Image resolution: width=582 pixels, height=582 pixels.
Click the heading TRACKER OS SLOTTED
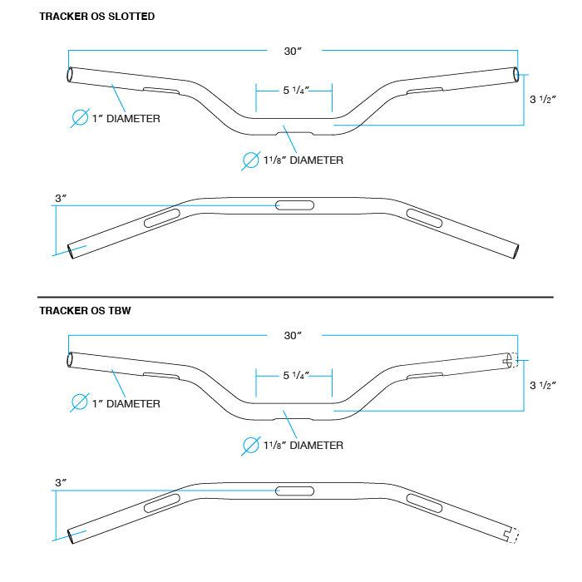[96, 17]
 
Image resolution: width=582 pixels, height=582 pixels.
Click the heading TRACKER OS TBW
[85, 311]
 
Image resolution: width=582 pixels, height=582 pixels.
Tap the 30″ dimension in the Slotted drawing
[292, 51]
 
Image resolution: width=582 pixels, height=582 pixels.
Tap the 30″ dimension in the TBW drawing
[292, 336]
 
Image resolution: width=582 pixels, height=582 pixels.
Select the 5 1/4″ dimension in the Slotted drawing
[295, 91]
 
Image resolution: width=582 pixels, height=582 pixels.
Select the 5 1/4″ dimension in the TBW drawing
[295, 376]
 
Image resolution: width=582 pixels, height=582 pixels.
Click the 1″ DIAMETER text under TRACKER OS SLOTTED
[126, 119]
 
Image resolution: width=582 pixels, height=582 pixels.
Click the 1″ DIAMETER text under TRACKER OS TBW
[126, 404]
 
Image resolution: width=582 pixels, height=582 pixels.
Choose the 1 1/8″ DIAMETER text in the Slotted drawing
[303, 160]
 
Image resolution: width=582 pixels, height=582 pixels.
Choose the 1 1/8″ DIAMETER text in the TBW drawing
[303, 445]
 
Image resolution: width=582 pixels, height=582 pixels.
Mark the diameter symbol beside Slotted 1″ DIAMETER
[80, 117]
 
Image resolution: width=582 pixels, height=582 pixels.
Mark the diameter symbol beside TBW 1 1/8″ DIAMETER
[250, 445]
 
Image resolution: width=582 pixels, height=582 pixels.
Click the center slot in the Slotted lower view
[295, 205]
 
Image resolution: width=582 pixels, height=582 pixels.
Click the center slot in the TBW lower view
[295, 491]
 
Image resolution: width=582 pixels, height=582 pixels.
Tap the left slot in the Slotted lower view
[161, 219]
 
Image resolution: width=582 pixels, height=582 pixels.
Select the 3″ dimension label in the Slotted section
[61, 198]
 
